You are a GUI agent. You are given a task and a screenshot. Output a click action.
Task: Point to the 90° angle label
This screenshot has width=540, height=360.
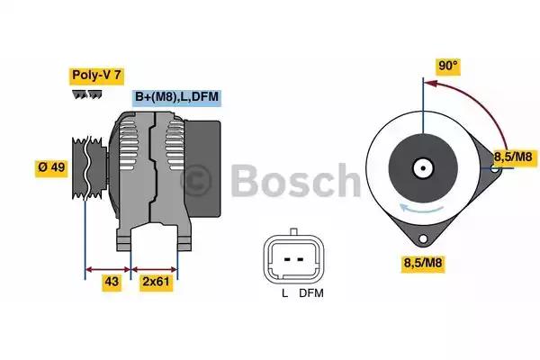click(447, 65)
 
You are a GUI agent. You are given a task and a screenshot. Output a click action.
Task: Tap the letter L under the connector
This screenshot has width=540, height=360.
click(283, 293)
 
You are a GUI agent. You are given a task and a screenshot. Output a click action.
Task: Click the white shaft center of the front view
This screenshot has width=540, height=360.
click(421, 166)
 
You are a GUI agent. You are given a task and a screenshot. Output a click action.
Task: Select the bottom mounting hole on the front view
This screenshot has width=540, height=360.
click(421, 238)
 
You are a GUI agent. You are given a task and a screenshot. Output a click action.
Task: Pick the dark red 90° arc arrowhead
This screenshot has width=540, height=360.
click(430, 84)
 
